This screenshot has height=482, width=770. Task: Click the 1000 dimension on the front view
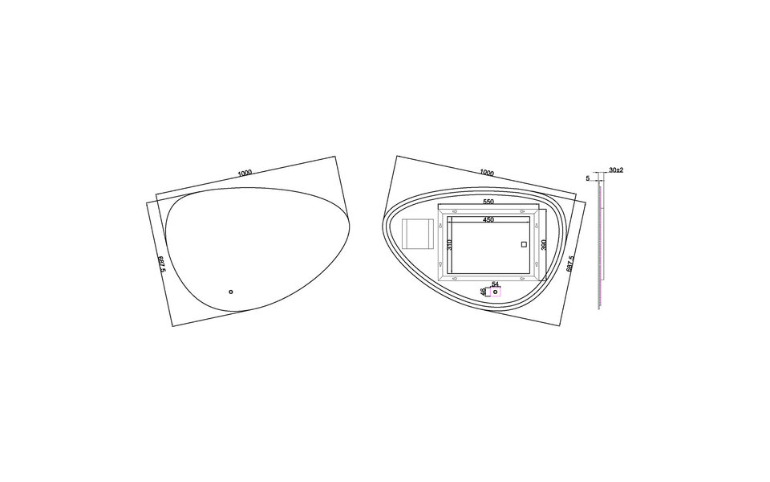pyautogui.click(x=245, y=172)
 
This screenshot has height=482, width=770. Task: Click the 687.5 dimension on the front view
pyautogui.click(x=161, y=264)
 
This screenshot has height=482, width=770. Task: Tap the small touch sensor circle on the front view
pyautogui.click(x=230, y=292)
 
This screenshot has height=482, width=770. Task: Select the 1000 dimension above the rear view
pyautogui.click(x=486, y=172)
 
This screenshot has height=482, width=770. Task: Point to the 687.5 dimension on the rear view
pyautogui.click(x=570, y=264)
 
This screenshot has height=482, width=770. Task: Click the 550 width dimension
pyautogui.click(x=488, y=202)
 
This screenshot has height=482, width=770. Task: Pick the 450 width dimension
pyautogui.click(x=488, y=219)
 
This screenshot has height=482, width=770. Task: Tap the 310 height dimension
pyautogui.click(x=451, y=244)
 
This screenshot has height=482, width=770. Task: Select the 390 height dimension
pyautogui.click(x=543, y=244)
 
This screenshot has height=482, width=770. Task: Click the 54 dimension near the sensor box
pyautogui.click(x=495, y=284)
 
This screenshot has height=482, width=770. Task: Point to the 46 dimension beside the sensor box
pyautogui.click(x=483, y=292)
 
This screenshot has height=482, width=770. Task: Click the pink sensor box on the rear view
pyautogui.click(x=496, y=292)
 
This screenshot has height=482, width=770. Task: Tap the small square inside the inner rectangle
pyautogui.click(x=524, y=243)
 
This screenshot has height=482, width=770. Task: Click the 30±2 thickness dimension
pyautogui.click(x=616, y=170)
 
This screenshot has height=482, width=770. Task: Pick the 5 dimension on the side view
pyautogui.click(x=588, y=178)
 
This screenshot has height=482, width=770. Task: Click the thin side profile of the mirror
pyautogui.click(x=600, y=241)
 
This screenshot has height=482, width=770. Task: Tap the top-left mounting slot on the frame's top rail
pyautogui.click(x=455, y=213)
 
